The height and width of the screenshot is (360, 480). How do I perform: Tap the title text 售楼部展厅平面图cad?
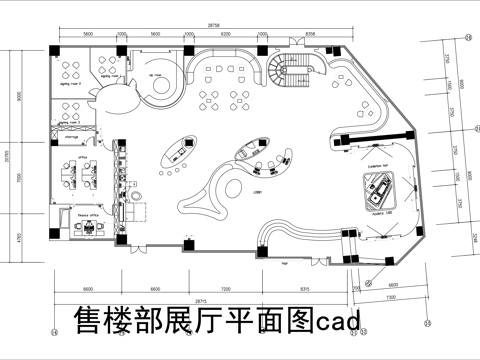(x=214, y=320)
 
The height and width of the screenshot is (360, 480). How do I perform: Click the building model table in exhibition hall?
(x=381, y=186)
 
